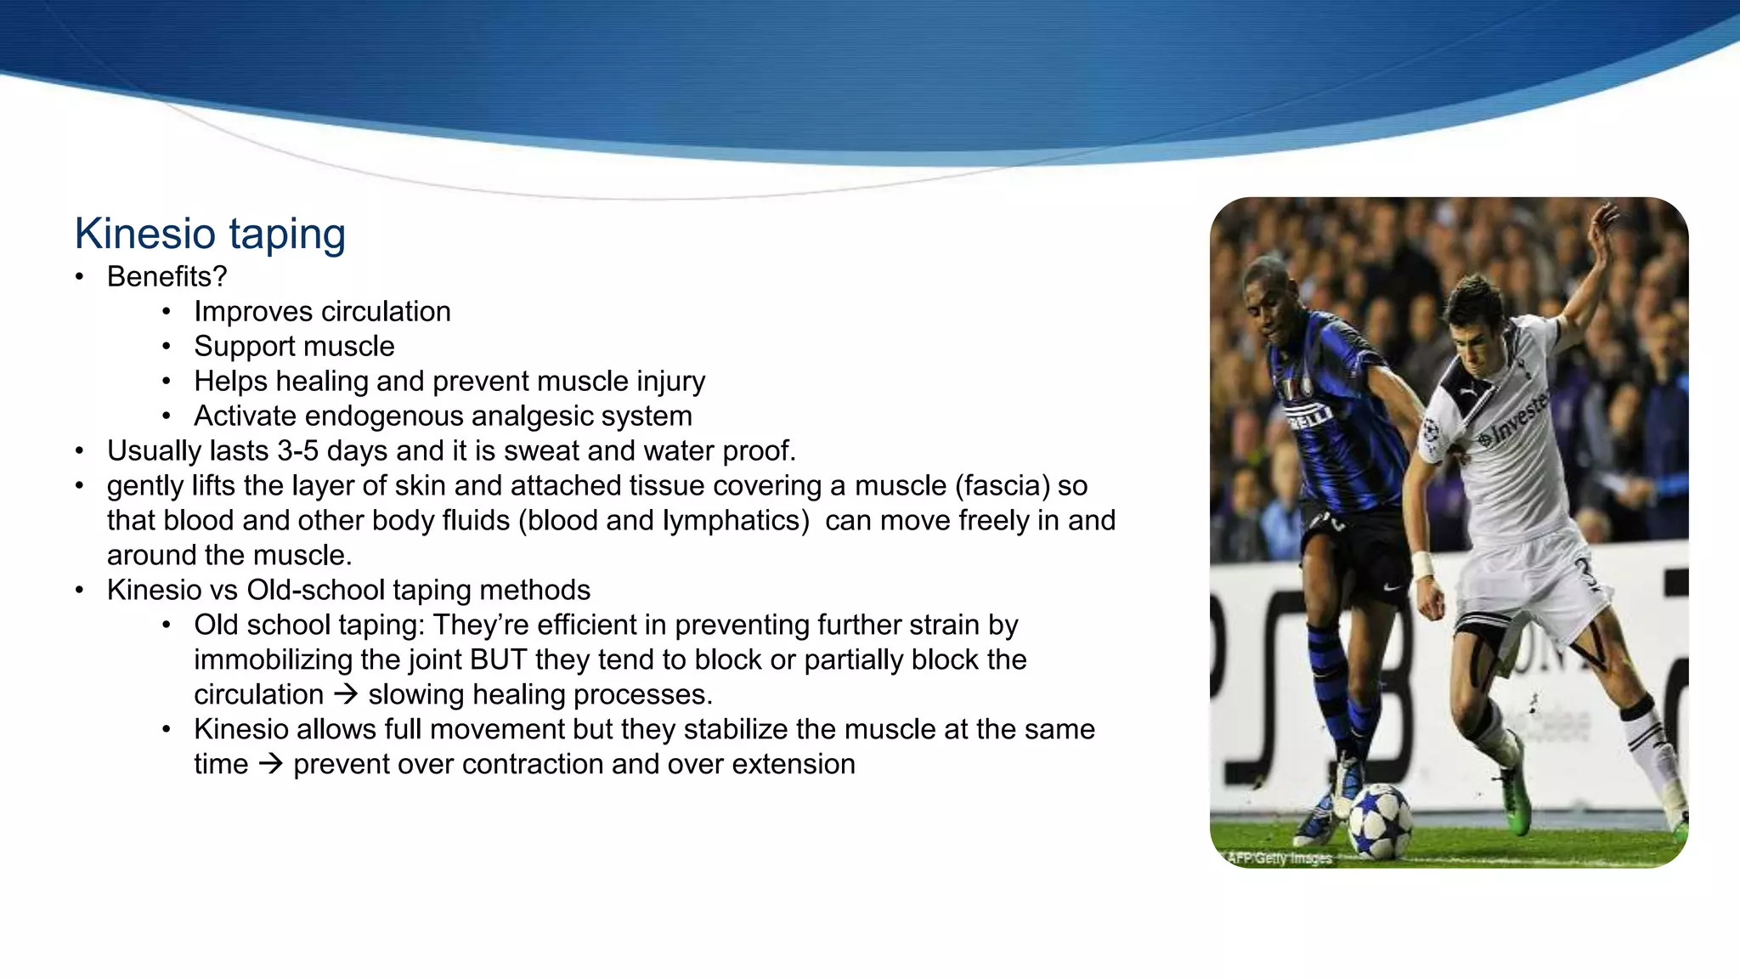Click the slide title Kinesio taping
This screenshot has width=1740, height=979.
click(x=210, y=234)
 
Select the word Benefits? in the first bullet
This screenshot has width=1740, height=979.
click(x=167, y=277)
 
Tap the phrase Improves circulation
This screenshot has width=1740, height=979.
click(x=322, y=312)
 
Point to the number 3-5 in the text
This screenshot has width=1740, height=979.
click(x=297, y=451)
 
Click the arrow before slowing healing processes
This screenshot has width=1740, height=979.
click(x=346, y=695)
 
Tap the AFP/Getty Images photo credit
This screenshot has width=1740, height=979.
click(x=1280, y=858)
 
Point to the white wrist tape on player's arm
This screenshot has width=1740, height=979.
click(x=1423, y=564)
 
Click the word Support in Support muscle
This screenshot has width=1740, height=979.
click(x=238, y=347)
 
